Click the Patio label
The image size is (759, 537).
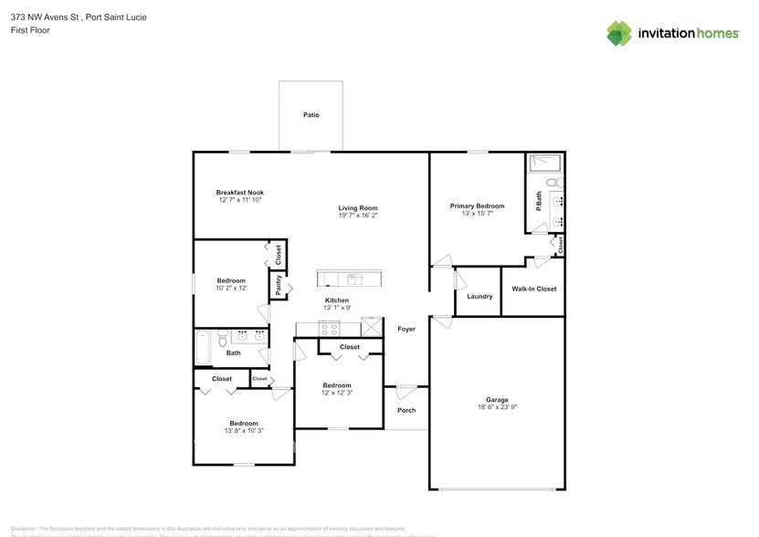point(311,115)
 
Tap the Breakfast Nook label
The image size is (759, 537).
point(240,193)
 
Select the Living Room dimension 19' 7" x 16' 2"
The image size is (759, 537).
point(358,216)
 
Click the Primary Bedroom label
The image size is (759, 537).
point(477,206)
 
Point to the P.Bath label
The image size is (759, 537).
point(539,199)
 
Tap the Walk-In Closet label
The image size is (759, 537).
point(533,289)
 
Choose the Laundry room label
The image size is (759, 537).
point(480,296)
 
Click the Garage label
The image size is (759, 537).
point(497,399)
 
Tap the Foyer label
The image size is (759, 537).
point(406,329)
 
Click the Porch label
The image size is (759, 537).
point(406,410)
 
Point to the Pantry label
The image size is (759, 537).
point(277,287)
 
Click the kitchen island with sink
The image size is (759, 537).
point(352,279)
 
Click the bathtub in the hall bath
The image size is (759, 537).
point(205,348)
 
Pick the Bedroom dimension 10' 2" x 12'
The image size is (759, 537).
point(231,288)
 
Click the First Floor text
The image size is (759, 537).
point(30,30)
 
